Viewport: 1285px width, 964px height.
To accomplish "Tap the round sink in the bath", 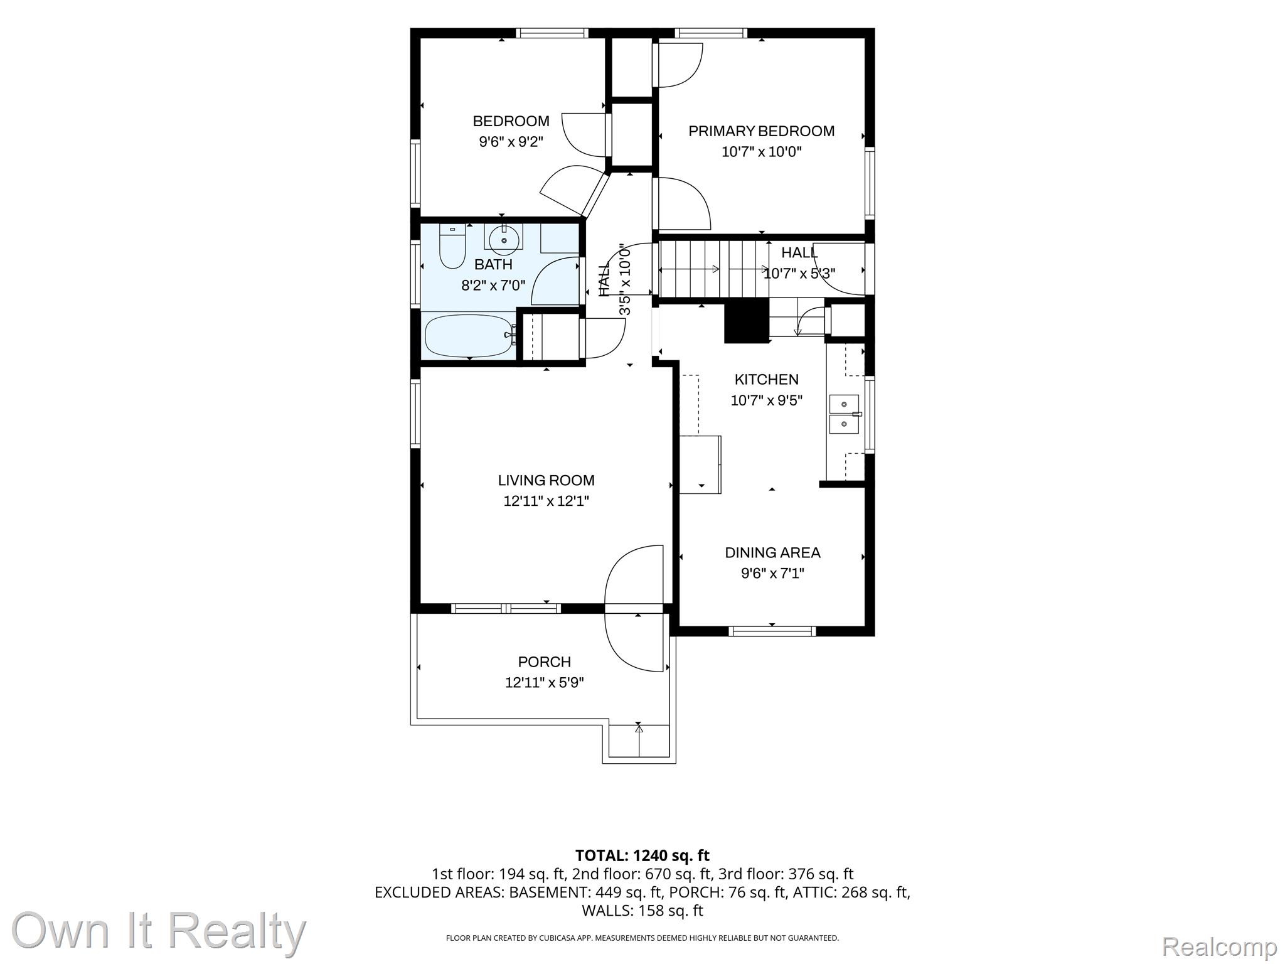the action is click(x=503, y=238).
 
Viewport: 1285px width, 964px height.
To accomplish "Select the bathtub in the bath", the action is click(x=470, y=336).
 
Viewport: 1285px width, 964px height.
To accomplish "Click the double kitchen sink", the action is click(x=845, y=414).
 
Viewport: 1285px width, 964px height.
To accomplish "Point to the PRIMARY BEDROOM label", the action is click(x=761, y=131).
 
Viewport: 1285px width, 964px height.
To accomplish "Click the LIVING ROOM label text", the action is click(x=546, y=481).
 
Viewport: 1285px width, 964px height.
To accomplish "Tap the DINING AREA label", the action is click(x=772, y=553).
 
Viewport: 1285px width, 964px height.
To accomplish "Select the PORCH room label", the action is click(x=544, y=662).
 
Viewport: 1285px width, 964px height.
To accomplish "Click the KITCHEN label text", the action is click(x=766, y=380).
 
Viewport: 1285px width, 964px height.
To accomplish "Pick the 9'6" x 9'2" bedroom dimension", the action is click(x=511, y=142).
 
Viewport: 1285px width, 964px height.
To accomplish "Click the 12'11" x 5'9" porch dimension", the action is click(x=544, y=683).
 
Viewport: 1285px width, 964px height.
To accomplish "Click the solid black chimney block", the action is click(x=747, y=321).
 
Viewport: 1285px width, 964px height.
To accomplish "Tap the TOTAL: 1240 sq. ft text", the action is click(x=642, y=855).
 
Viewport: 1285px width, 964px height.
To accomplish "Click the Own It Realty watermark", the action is click(x=159, y=930).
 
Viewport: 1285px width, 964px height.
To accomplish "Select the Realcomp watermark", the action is click(x=1219, y=946).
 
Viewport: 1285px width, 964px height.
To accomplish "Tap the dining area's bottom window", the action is click(x=772, y=631).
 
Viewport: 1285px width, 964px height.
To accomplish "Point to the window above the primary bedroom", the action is click(x=710, y=33).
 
